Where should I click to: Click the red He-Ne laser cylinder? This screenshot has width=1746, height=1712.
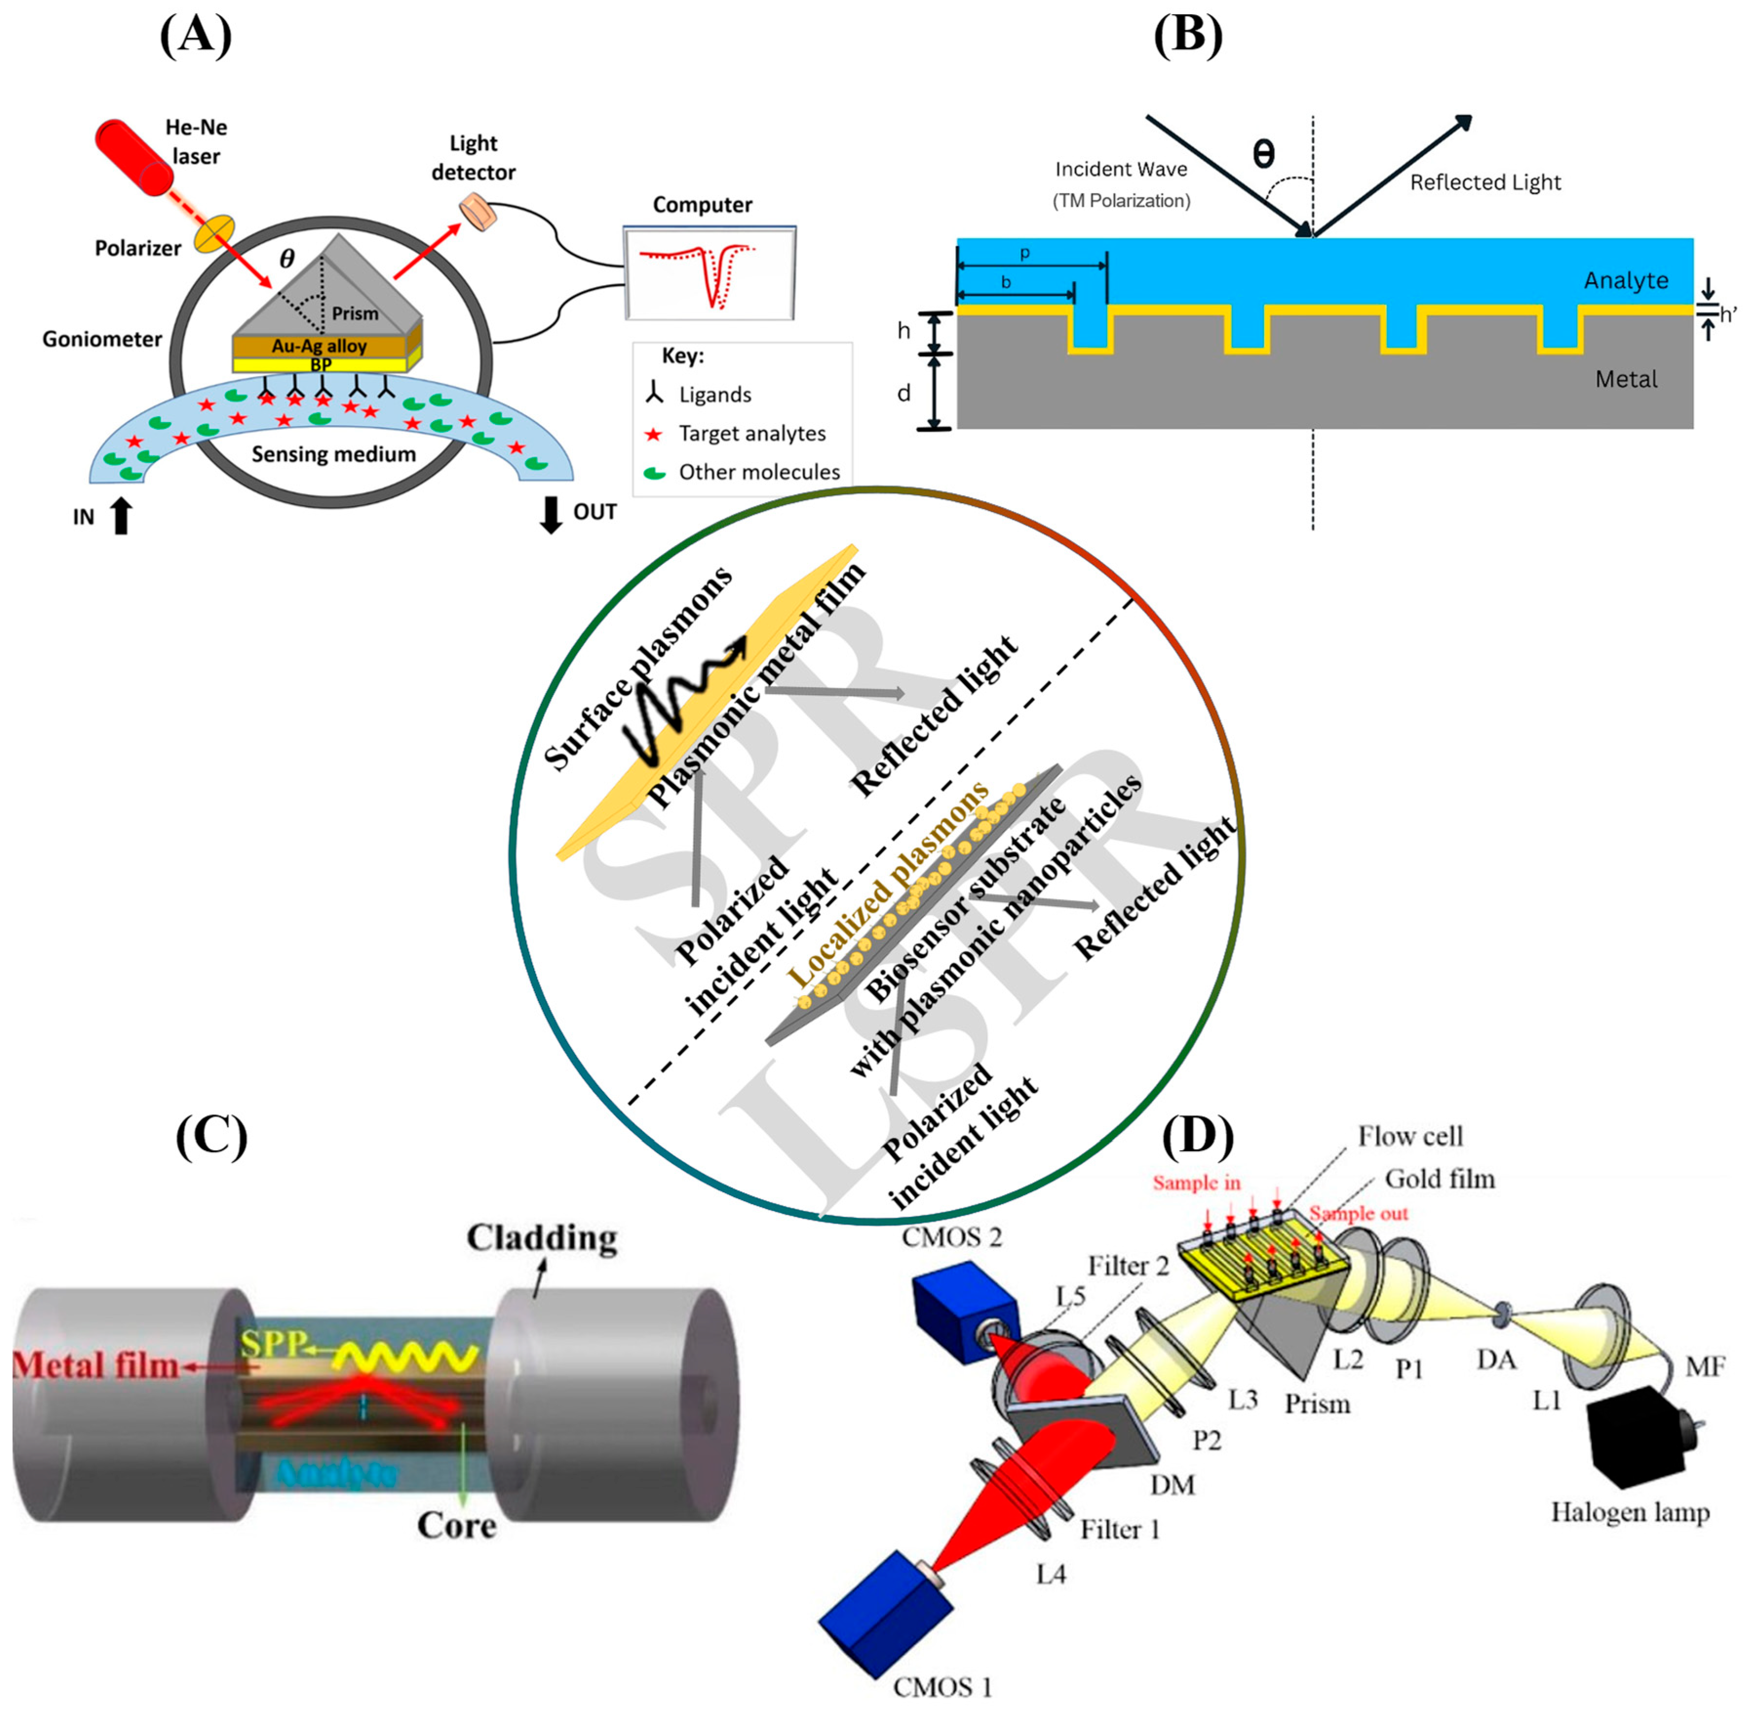click(x=135, y=157)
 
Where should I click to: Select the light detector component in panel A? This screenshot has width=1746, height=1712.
click(x=478, y=212)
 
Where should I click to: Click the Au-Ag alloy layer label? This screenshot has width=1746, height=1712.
click(x=319, y=346)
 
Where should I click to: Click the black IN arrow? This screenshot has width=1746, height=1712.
click(x=121, y=515)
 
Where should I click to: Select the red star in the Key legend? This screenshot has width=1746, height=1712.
click(x=653, y=434)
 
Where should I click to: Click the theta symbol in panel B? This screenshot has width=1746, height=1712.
click(x=1263, y=154)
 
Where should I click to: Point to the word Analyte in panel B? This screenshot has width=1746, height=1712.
click(x=1626, y=281)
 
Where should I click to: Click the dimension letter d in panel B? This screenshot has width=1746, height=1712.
click(x=903, y=393)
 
